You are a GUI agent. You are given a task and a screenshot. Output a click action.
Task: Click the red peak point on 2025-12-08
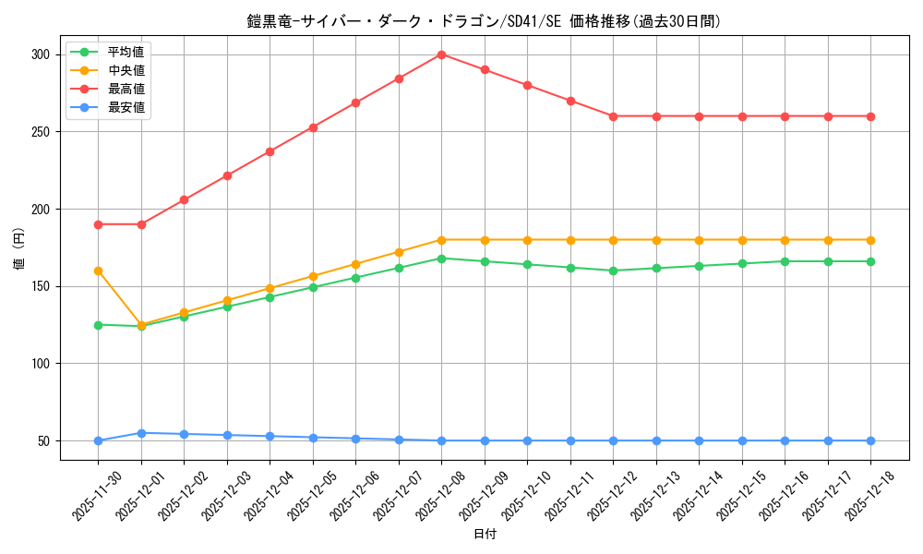(x=442, y=54)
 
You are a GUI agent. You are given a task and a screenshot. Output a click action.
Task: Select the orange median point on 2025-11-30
(x=98, y=271)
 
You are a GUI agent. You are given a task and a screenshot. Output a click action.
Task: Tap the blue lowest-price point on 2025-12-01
(x=141, y=433)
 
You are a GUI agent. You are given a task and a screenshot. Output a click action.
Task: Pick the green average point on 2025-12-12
(x=614, y=271)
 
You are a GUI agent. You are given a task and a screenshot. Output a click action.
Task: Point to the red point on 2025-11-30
(x=98, y=224)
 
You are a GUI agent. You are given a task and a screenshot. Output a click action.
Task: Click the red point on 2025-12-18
(x=870, y=116)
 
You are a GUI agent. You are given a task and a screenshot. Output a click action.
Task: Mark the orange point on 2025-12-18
(x=870, y=240)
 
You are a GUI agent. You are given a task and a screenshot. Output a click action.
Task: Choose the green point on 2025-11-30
(x=98, y=325)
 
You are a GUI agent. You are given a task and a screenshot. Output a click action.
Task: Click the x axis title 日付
(x=485, y=535)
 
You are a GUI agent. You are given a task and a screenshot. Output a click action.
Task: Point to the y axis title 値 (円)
(x=18, y=248)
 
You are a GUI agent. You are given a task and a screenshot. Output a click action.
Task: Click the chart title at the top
(x=485, y=21)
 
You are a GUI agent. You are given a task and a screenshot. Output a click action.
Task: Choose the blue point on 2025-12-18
(x=870, y=440)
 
